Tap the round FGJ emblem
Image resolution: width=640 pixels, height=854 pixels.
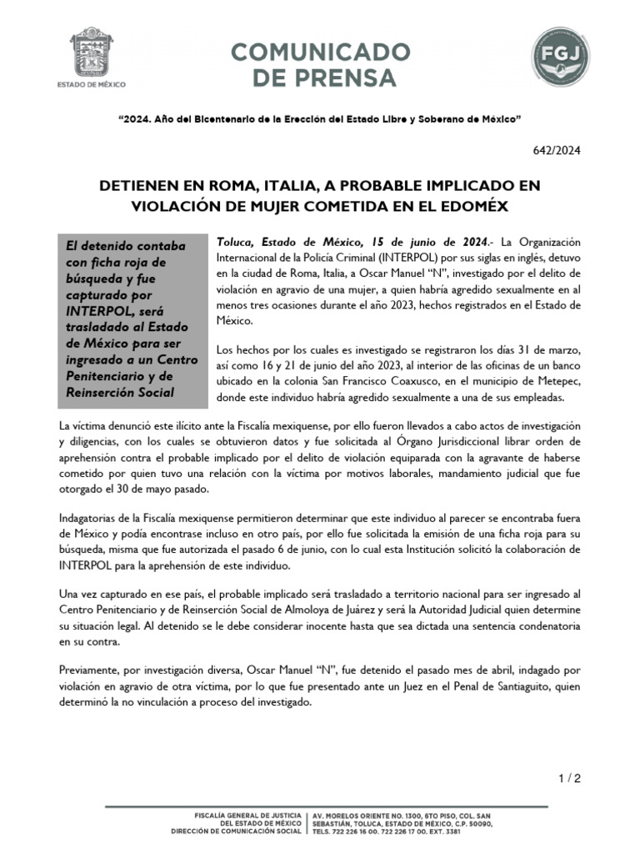562,58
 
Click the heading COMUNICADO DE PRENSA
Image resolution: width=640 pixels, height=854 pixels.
313,66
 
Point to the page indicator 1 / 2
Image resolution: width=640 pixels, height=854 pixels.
569,779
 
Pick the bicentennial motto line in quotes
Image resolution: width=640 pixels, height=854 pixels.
320,119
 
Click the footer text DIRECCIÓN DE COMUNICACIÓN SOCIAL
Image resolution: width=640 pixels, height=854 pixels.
237,831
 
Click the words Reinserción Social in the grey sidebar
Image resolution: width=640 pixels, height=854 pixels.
121,392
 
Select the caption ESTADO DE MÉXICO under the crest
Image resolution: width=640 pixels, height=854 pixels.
88,85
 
